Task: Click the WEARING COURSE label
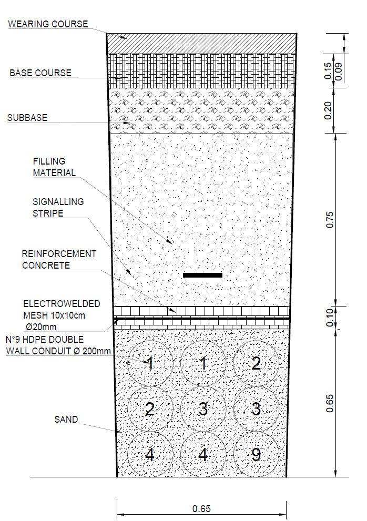[x=48, y=24]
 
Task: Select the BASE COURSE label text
[x=40, y=73]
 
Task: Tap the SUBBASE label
[x=27, y=118]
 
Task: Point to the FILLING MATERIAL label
[x=54, y=167]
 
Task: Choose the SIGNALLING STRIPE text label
[x=58, y=207]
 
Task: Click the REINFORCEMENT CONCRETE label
[x=59, y=260]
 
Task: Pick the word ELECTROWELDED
[x=62, y=304]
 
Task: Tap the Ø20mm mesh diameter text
[x=40, y=327]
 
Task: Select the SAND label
[x=66, y=420]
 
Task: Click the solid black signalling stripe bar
[x=202, y=275]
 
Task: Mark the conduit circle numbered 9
[x=256, y=454]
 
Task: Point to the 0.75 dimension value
[x=330, y=220]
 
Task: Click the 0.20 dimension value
[x=328, y=110]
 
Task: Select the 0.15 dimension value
[x=328, y=71]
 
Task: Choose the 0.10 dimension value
[x=330, y=318]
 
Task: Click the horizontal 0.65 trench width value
[x=201, y=509]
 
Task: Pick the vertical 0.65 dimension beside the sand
[x=330, y=403]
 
